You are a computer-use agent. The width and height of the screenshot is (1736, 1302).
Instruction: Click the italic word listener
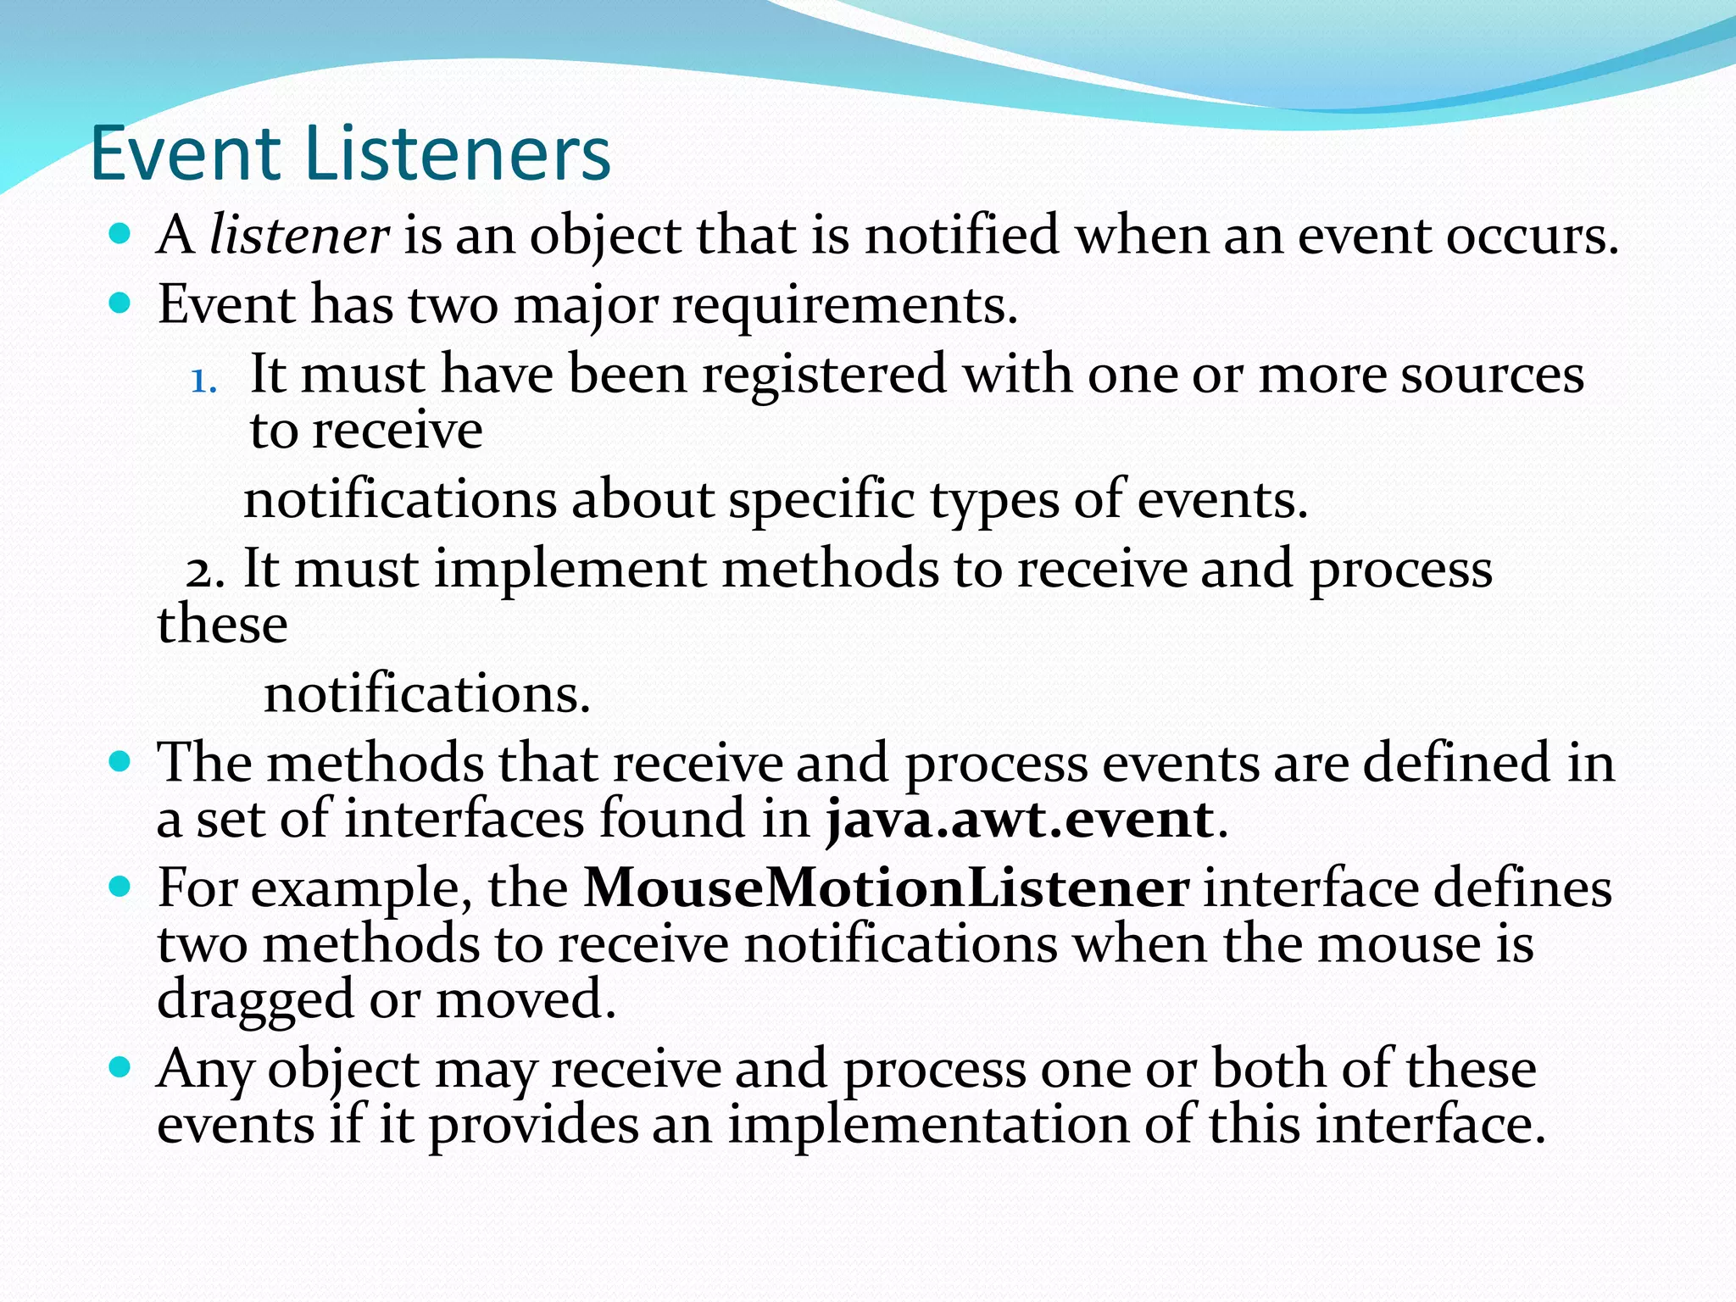298,235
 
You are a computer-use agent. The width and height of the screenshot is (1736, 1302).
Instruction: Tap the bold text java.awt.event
1021,820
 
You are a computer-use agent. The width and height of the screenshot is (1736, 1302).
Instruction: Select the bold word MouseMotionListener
886,888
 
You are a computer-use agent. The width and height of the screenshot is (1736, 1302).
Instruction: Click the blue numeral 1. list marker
203,381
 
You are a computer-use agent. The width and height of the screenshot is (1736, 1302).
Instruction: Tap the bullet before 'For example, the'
120,887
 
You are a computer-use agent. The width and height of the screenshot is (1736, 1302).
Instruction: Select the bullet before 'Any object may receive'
120,1066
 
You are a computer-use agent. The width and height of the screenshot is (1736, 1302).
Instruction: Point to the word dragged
255,1000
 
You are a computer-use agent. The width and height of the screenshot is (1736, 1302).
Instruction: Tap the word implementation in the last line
928,1125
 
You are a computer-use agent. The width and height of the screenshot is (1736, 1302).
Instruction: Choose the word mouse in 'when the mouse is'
1406,943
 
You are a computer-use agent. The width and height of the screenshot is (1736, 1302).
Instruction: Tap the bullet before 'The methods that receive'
120,760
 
